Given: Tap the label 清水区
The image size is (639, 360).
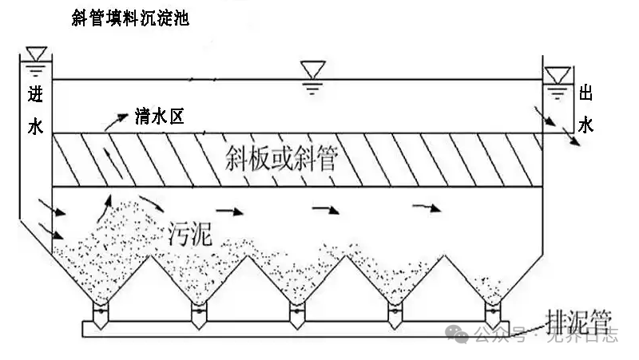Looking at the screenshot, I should point(160,118).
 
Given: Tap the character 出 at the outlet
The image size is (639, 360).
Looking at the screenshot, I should point(585,94).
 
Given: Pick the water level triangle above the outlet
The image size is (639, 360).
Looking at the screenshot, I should point(557,74).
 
